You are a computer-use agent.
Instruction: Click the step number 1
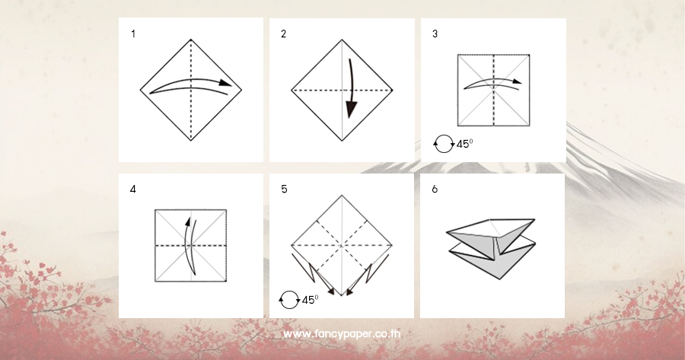[133, 33]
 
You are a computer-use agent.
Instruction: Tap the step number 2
[284, 33]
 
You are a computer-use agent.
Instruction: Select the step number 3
[435, 33]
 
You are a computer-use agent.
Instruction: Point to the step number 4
[132, 190]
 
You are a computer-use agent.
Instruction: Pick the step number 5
[284, 190]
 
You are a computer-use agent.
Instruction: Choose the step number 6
[435, 190]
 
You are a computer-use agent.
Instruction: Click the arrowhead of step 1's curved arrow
[225, 83]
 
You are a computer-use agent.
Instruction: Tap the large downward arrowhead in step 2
[352, 109]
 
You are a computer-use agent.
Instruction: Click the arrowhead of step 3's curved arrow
[518, 81]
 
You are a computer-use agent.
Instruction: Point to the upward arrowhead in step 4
[188, 221]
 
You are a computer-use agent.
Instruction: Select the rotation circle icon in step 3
[444, 144]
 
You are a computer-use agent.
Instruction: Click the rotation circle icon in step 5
[289, 300]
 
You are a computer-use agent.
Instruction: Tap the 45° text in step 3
[464, 144]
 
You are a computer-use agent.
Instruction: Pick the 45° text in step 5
[311, 300]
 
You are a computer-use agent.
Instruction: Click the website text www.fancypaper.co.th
[342, 334]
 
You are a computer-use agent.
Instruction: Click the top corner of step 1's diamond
[191, 40]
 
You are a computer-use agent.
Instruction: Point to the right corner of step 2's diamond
[393, 91]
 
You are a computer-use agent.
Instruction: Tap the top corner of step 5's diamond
[342, 195]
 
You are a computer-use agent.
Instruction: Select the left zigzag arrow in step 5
[313, 274]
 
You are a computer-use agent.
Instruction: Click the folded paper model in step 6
[492, 247]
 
